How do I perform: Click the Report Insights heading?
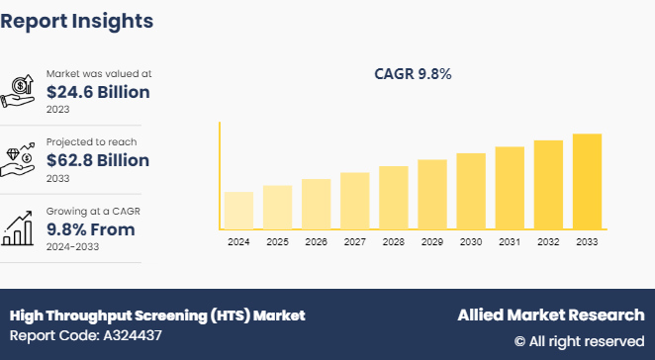tap(77, 20)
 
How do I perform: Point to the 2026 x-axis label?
tap(316, 241)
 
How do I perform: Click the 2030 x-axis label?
tap(471, 241)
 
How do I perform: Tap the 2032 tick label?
tap(548, 241)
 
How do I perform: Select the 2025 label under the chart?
tap(277, 241)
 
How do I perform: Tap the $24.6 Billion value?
tap(98, 93)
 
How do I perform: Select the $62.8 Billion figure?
tap(98, 160)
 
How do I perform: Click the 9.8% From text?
tap(91, 229)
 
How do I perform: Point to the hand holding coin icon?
tap(21, 90)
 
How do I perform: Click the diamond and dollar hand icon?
tap(21, 158)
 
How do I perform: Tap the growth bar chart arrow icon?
tap(21, 226)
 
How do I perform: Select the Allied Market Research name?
tap(550, 315)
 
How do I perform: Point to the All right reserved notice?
tap(579, 341)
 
